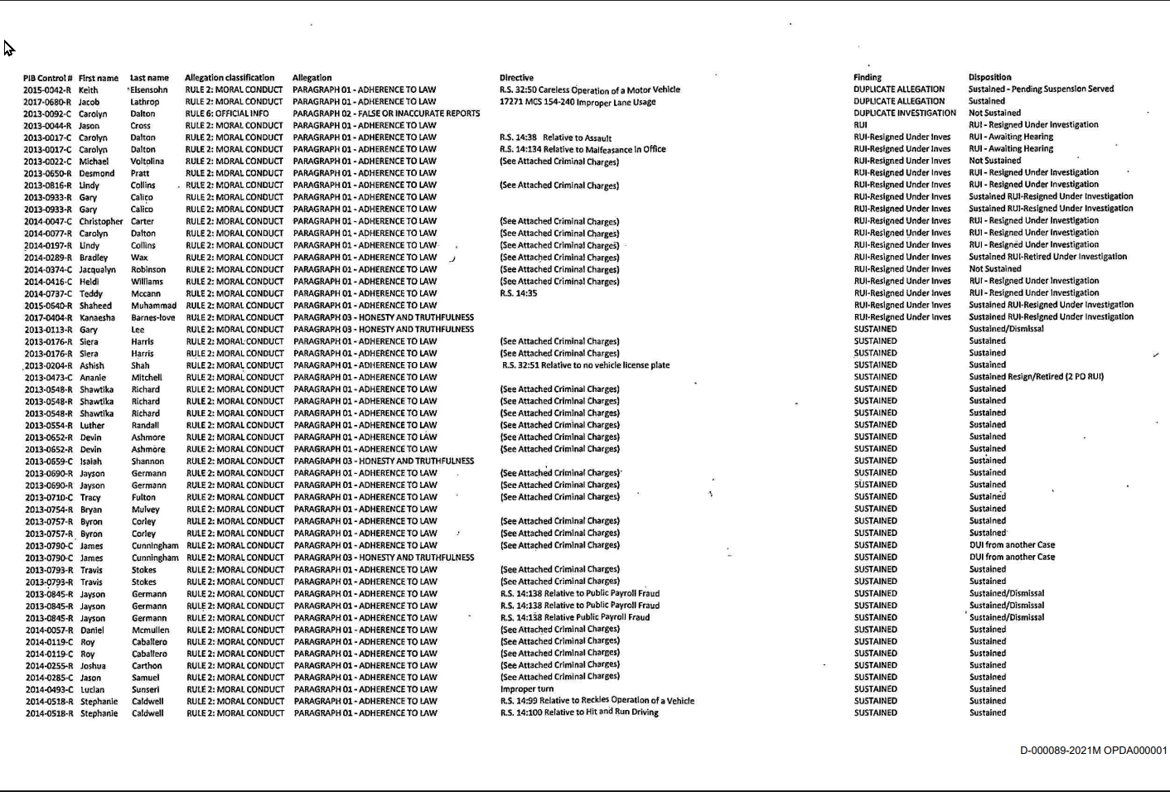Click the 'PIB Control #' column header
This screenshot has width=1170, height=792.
coord(47,78)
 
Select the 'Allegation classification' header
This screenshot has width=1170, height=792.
coord(230,77)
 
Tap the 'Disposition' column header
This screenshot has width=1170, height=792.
coord(989,77)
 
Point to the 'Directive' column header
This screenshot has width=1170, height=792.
coord(516,77)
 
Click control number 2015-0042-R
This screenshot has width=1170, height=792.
coord(47,90)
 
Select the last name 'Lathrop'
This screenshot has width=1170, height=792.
coord(144,102)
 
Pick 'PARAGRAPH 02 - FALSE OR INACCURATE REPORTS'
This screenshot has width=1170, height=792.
coord(386,113)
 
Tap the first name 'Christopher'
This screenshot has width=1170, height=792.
coord(100,222)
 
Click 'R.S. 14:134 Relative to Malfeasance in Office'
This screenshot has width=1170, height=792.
coord(583,150)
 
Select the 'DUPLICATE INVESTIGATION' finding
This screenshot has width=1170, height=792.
coord(905,113)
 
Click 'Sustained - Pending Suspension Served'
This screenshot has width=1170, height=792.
coord(1041,89)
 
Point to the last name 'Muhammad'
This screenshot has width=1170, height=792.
coord(153,306)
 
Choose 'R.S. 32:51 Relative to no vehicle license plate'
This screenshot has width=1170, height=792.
coord(586,365)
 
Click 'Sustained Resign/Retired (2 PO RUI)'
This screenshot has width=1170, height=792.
coord(1036,377)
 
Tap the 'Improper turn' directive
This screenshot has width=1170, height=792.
coord(527,689)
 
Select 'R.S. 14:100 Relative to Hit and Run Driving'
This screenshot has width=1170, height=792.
coord(579,712)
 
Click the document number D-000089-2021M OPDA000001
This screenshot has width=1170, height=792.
coord(1093,751)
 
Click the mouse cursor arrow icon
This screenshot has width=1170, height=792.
coord(8,48)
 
